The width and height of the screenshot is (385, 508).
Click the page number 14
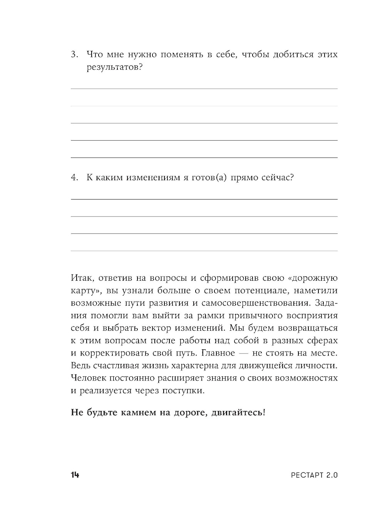[x=75, y=475]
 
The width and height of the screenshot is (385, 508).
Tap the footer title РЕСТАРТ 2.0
[x=314, y=475]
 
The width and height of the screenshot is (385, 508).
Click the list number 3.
[x=74, y=54]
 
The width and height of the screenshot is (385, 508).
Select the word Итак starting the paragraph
[x=80, y=278]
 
